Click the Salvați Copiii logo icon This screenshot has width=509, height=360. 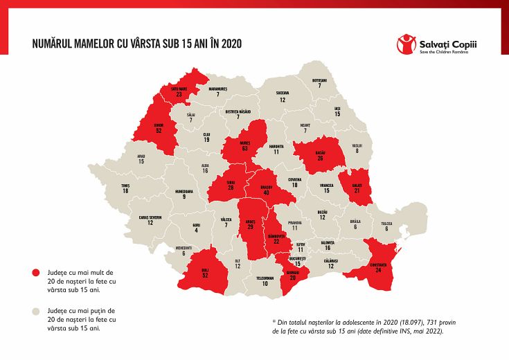click(407, 44)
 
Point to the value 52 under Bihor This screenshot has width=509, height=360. click(159, 130)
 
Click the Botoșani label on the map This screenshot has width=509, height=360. click(319, 80)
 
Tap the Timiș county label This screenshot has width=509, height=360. click(125, 185)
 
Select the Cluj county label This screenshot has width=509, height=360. click(206, 134)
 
